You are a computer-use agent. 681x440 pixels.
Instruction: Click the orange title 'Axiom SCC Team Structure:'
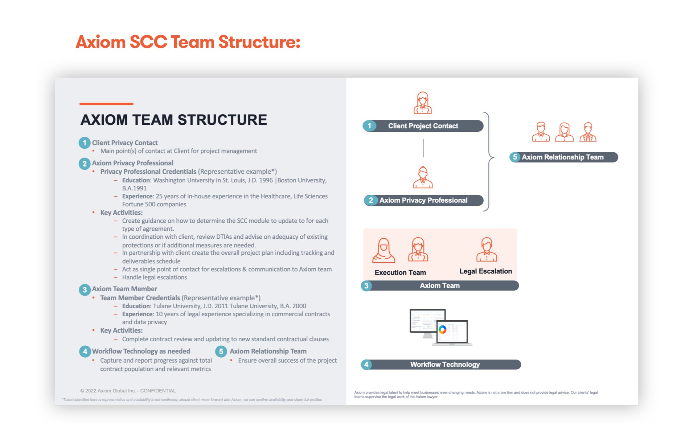click(x=188, y=42)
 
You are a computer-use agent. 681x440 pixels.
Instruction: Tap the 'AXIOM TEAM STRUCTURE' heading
click(x=173, y=120)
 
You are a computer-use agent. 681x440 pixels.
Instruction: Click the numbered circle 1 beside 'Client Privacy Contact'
click(x=84, y=143)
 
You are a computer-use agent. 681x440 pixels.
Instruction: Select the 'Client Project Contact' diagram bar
click(x=423, y=126)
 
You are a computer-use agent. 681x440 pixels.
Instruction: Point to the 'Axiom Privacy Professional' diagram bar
click(x=423, y=200)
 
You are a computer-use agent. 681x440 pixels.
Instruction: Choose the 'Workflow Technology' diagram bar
click(x=444, y=365)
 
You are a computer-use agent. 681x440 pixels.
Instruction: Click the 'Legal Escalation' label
click(x=485, y=271)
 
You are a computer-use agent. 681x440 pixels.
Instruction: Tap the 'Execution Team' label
click(x=400, y=272)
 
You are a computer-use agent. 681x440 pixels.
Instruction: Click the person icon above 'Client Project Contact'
click(x=423, y=103)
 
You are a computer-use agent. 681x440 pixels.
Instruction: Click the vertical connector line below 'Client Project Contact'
click(x=423, y=148)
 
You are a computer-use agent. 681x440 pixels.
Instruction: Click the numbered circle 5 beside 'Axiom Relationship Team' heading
click(x=221, y=351)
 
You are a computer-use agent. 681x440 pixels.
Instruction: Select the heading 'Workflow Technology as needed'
click(x=141, y=351)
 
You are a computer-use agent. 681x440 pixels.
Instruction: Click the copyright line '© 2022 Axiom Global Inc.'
click(x=128, y=391)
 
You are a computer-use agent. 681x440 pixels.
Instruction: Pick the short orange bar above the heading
click(x=106, y=104)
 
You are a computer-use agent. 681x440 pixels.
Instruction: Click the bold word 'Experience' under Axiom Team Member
click(x=138, y=314)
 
